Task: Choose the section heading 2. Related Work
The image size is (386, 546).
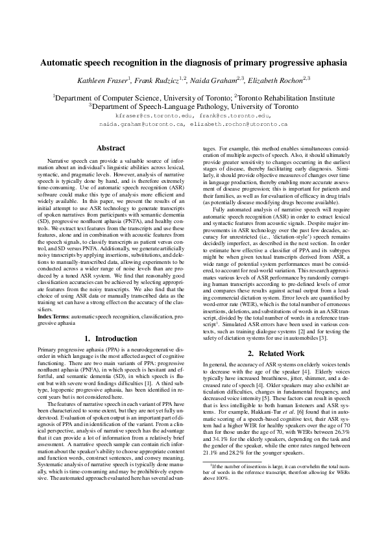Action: coord(275,353)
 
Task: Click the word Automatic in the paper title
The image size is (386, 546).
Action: coord(64,63)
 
